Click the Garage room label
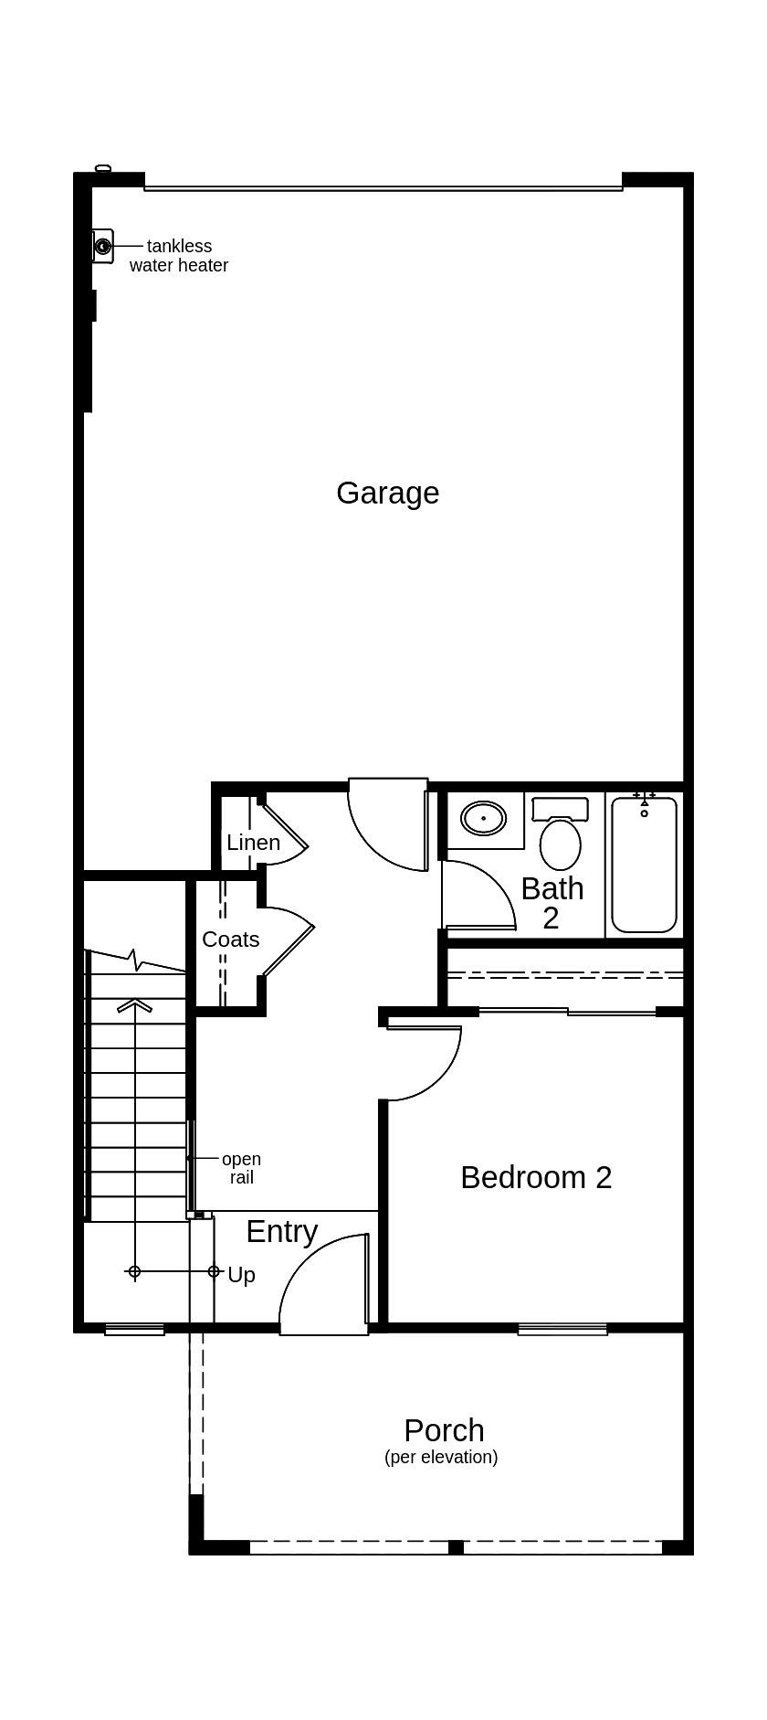pos(387,494)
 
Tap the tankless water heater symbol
pos(103,246)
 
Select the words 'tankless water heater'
pos(179,256)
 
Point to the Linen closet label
pos(253,843)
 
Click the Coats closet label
pos(230,940)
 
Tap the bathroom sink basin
pos(483,818)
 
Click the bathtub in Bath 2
pos(644,864)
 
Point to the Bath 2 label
pos(552,902)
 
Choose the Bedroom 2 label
pos(536,1177)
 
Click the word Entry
pos(282,1231)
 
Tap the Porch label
pos(444,1430)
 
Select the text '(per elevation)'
pos(441,1457)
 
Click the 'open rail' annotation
pos(241,1168)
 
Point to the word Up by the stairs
pos(241,1275)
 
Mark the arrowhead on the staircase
pos(135,1005)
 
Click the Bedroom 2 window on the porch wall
pos(562,1329)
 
